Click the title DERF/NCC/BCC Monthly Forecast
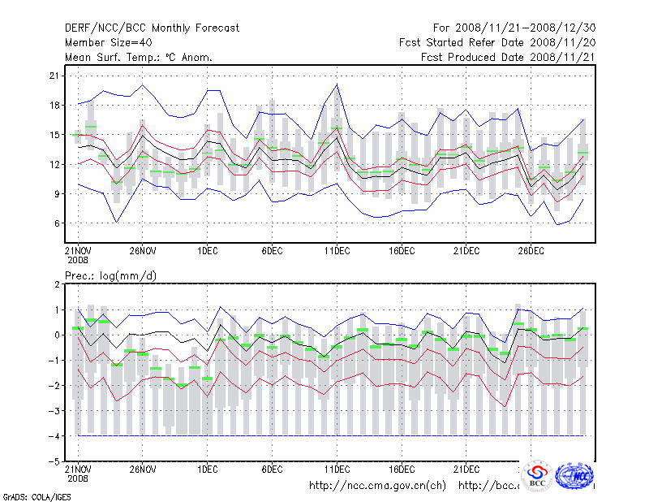pos(153,28)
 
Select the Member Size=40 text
pos(110,42)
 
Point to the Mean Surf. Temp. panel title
pos(139,57)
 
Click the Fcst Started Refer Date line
pos(497,42)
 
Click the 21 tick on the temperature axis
pos(54,76)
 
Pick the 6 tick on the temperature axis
pos(57,223)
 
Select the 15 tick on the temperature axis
pos(54,135)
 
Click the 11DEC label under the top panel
pos(337,252)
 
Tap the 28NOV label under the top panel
pos(142,252)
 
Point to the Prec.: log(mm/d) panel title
pos(111,276)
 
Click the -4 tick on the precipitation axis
pos(54,435)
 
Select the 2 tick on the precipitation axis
pos(57,284)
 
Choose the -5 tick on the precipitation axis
pos(54,461)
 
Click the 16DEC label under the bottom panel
pos(402,470)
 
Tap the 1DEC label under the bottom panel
pos(207,470)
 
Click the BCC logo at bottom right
pos(538,475)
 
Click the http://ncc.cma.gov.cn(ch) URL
pos(378,486)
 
